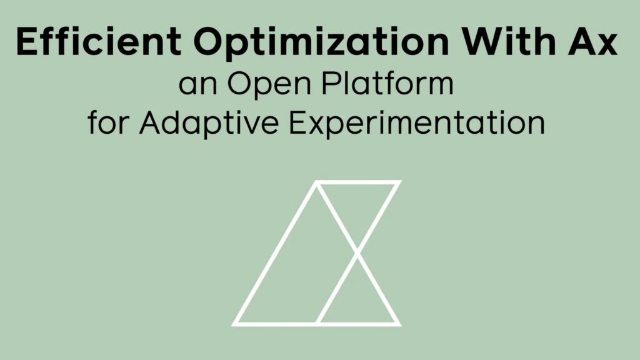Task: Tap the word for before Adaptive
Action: [109, 122]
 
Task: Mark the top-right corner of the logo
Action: [398, 182]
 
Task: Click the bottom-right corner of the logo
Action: [398, 324]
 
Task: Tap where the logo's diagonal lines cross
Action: [357, 252]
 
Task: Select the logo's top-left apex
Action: [316, 182]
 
